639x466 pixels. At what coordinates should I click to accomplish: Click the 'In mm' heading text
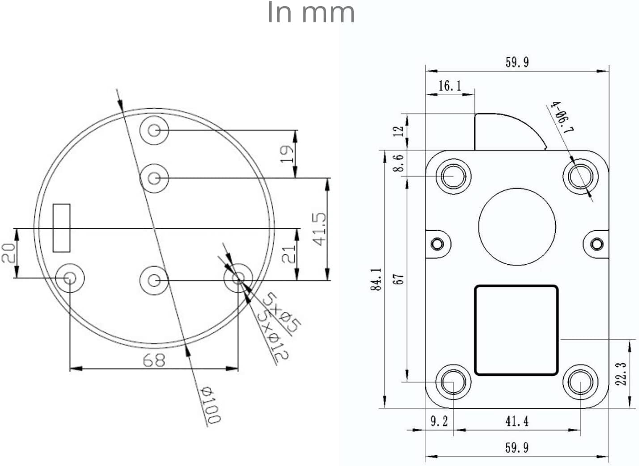click(311, 13)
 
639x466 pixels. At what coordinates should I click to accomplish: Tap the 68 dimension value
click(154, 360)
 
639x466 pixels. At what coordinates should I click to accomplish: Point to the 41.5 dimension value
click(320, 229)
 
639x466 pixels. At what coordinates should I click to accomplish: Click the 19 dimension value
click(287, 154)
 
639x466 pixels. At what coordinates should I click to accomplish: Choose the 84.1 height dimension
click(376, 279)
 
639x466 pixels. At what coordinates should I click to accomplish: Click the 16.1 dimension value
click(450, 86)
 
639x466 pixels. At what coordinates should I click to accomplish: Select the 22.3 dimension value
click(621, 374)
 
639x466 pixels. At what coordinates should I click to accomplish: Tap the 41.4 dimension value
click(517, 421)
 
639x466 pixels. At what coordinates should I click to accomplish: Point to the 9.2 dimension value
click(439, 421)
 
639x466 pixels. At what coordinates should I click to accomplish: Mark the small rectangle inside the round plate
click(62, 228)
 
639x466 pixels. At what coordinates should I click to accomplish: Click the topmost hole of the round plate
click(154, 130)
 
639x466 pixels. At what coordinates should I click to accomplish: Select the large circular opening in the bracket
click(517, 227)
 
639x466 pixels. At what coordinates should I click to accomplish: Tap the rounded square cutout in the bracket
click(516, 330)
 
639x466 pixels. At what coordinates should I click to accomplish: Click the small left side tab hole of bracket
click(437, 244)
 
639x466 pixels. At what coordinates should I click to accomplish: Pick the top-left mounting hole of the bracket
click(453, 176)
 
